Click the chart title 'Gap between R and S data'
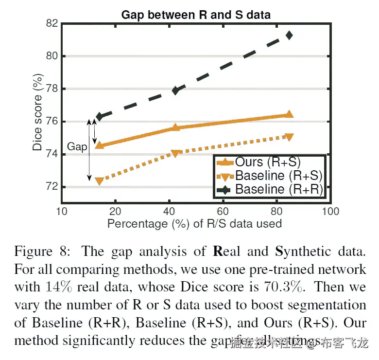pyautogui.click(x=196, y=15)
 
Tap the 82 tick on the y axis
pyautogui.click(x=52, y=23)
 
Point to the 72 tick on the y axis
pyautogui.click(x=52, y=187)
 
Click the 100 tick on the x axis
pyautogui.click(x=330, y=212)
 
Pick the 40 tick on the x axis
pyautogui.click(x=169, y=212)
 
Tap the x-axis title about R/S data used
pyautogui.click(x=194, y=224)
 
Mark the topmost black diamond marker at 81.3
pyautogui.click(x=290, y=35)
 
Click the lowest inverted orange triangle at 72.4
pyautogui.click(x=100, y=181)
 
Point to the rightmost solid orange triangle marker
pyautogui.click(x=289, y=114)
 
